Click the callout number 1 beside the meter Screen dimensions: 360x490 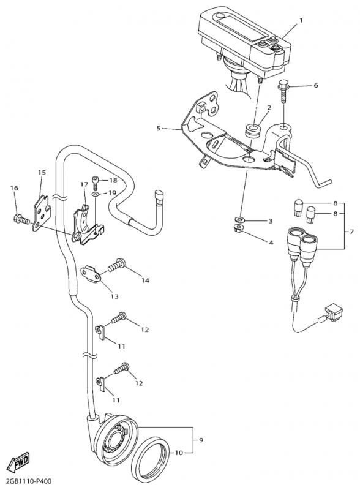[301, 20]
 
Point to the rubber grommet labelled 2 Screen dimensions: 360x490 [252, 130]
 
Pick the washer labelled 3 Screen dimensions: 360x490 [239, 219]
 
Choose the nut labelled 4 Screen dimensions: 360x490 [239, 228]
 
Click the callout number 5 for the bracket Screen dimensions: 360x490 [158, 128]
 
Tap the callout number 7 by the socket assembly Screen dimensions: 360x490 [351, 232]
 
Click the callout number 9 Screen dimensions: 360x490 [201, 440]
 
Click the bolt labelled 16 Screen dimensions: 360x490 [21, 219]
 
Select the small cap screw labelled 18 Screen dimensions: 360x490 [96, 183]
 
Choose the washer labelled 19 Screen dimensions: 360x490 [95, 195]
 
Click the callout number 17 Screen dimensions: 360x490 [84, 185]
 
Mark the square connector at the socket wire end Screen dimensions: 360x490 [334, 312]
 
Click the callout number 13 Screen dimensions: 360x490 [114, 296]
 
